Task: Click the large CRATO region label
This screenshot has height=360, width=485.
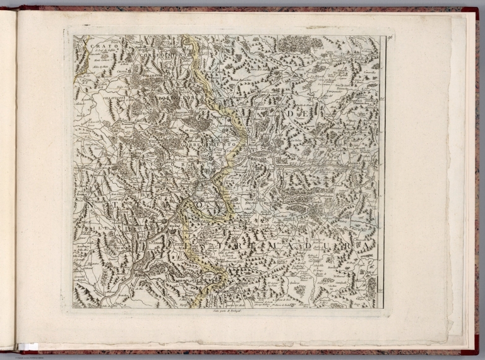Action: coord(100,46)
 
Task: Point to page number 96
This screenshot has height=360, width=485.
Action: coord(391,39)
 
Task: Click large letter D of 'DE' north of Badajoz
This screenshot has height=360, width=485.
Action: coord(290,114)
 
